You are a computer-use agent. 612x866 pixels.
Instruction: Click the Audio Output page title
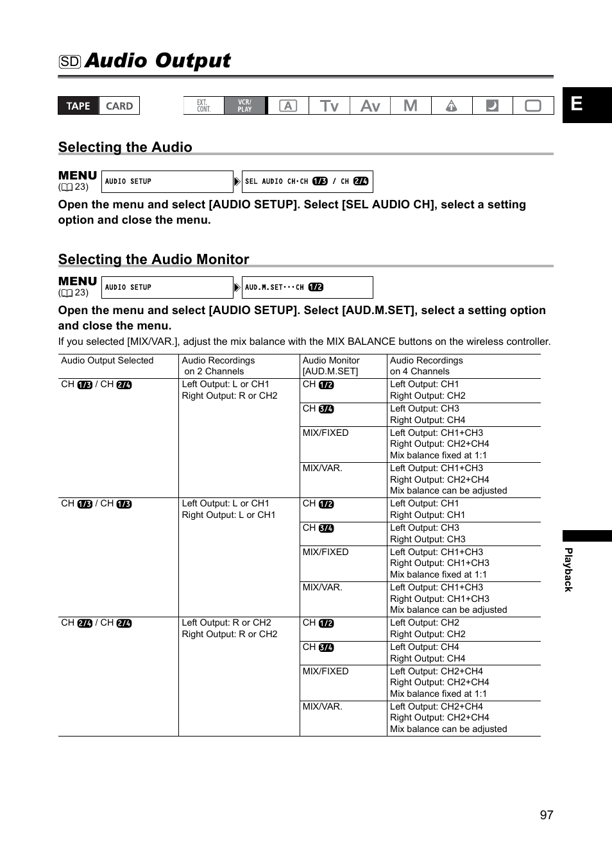pos(157,61)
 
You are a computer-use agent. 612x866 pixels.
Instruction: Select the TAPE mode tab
pos(78,106)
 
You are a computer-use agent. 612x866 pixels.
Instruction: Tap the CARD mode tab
pos(119,106)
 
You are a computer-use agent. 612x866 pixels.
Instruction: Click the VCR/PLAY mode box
pos(244,106)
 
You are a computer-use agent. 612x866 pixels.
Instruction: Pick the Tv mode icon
pos(329,106)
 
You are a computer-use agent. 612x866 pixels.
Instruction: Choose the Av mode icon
pos(370,106)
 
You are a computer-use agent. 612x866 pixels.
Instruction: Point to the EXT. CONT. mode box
pos(203,106)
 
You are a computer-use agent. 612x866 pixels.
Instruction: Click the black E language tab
pos(586,104)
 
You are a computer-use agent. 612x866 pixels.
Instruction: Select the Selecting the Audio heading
pos(125,147)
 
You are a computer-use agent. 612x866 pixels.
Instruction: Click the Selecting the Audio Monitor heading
pos(153,260)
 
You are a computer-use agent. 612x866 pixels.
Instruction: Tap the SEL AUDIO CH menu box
pos(307,181)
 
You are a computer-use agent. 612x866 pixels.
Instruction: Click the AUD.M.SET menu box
pos(307,287)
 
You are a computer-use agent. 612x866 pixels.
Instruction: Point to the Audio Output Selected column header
pos(107,361)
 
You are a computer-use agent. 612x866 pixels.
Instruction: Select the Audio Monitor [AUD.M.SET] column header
pos(331,366)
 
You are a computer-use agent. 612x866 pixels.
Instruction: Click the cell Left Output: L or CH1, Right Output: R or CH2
pos(229,390)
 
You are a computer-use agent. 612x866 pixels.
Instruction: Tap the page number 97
pos(546,815)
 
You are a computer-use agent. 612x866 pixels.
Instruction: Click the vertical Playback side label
pos(568,570)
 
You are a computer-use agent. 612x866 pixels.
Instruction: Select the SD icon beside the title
pos(70,62)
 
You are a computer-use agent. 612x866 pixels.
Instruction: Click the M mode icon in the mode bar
pos(411,106)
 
